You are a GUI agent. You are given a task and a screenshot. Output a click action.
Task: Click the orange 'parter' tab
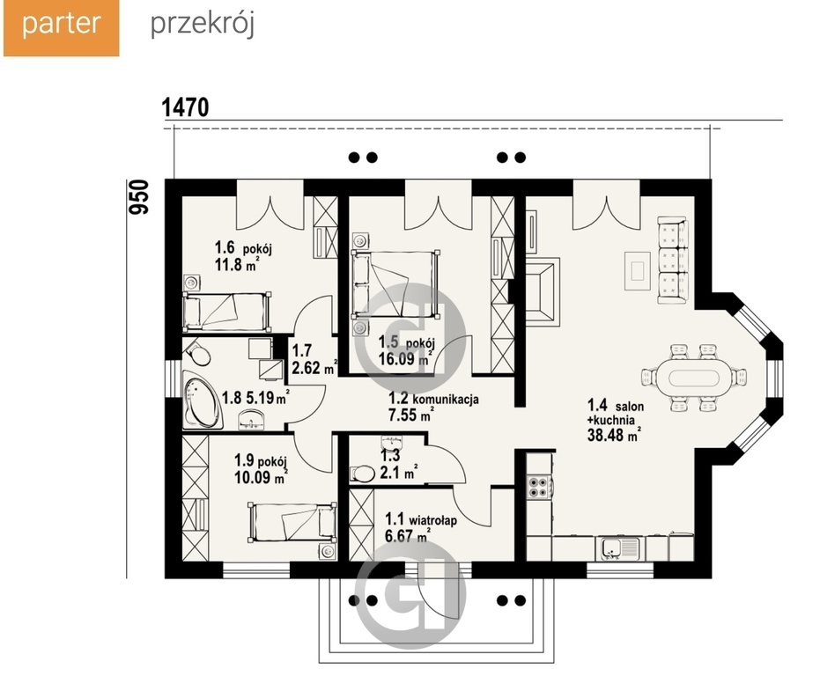(x=61, y=27)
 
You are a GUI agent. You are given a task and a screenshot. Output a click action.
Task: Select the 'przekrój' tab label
(x=203, y=25)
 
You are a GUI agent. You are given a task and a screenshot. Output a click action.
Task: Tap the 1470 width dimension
(x=185, y=107)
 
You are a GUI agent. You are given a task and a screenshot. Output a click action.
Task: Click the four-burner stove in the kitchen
(x=539, y=487)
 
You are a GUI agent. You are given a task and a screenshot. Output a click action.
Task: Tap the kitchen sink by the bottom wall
(x=612, y=548)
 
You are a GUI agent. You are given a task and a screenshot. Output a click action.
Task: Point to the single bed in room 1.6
(x=226, y=312)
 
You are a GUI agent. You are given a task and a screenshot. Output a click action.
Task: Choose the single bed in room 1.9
(x=292, y=522)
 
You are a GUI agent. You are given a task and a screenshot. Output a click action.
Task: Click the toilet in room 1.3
(x=362, y=474)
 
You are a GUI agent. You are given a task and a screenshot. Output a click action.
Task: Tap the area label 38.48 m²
(x=614, y=435)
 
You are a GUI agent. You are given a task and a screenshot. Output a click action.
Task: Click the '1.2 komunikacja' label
(x=433, y=400)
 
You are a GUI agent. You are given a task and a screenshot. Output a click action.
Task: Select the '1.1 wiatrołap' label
(x=421, y=519)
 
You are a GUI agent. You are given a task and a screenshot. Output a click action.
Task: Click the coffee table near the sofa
(x=638, y=271)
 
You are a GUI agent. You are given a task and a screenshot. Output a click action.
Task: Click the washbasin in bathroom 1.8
(x=252, y=419)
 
